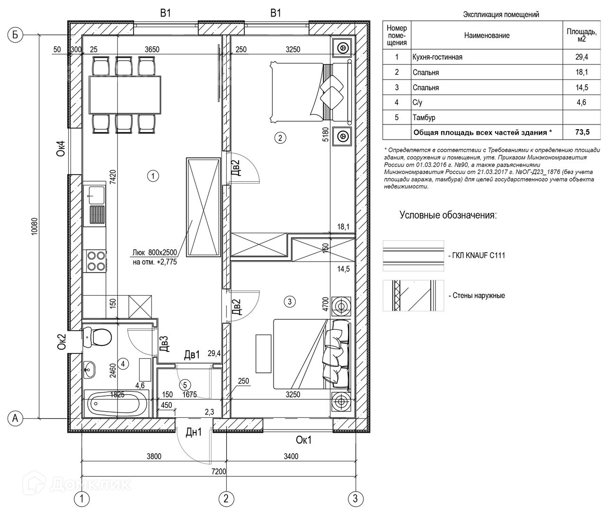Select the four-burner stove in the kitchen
[95, 260]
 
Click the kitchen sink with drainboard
[95, 203]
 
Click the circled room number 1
[153, 176]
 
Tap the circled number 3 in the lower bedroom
[290, 301]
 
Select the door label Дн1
[193, 432]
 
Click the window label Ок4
[60, 152]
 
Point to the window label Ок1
[303, 441]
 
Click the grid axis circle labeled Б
[16, 35]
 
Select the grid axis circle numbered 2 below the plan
[226, 498]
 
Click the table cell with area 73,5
[582, 132]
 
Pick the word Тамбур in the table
[424, 117]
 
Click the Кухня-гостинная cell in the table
[437, 57]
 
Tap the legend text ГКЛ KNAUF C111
[477, 255]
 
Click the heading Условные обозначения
[448, 216]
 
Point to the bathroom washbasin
[89, 368]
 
